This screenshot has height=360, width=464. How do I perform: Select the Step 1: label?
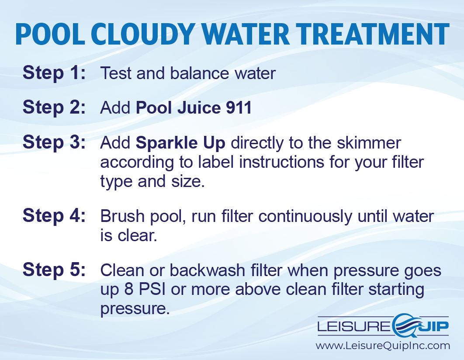tap(54, 73)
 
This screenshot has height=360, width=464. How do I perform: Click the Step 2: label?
tap(54, 107)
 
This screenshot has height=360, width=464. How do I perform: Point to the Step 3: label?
tap(54, 142)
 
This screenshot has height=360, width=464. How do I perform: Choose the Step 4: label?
tap(54, 215)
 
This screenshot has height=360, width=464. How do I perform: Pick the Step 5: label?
tap(54, 270)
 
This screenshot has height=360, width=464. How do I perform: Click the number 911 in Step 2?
tap(239, 107)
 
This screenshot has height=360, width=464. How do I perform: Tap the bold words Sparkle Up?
tap(180, 143)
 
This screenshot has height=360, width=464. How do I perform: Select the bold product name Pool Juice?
tap(178, 107)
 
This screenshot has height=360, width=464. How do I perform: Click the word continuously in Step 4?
tap(305, 217)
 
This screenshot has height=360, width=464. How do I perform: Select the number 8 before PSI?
tap(129, 289)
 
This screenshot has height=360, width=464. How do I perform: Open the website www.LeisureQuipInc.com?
tap(383, 346)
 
